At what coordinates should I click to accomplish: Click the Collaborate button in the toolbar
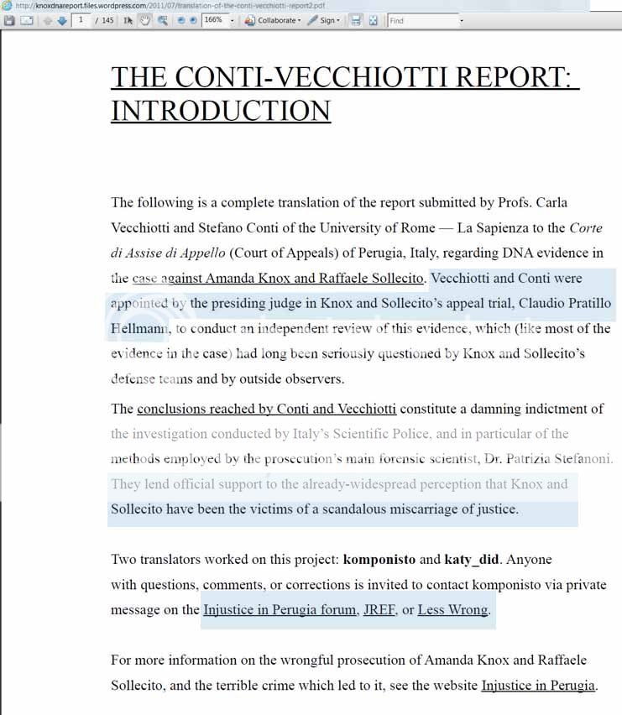[x=272, y=20]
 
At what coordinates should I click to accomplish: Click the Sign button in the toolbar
[x=323, y=20]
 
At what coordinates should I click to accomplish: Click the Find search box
[x=424, y=20]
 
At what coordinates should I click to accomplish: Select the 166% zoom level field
[x=214, y=20]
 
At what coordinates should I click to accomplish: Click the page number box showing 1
[x=81, y=20]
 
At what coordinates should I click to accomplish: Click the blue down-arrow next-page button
[x=62, y=20]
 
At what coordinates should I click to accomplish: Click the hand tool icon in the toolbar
[x=144, y=20]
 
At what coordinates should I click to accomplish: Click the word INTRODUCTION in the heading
[x=221, y=111]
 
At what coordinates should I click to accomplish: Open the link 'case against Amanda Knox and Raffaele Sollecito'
[x=280, y=278]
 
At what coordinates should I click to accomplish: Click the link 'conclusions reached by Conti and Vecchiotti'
[x=266, y=409]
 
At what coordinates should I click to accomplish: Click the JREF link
[x=379, y=610]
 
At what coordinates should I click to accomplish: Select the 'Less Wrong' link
[x=452, y=610]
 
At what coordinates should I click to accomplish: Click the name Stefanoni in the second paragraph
[x=582, y=459]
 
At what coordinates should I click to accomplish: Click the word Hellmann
[x=139, y=328]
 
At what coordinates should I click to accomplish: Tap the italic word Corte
[x=586, y=227]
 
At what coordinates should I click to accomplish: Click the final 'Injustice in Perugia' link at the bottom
[x=537, y=686]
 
